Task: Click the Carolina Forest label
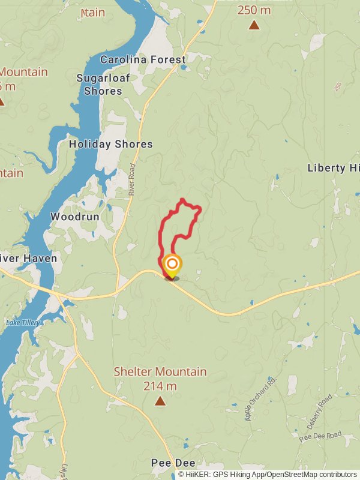click(143, 59)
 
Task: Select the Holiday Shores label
click(111, 144)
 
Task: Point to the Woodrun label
click(74, 216)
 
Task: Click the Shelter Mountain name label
click(160, 372)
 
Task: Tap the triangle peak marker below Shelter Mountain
click(160, 401)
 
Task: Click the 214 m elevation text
click(160, 386)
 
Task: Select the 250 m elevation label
click(254, 10)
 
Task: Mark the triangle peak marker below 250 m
click(254, 25)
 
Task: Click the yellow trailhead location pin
click(172, 265)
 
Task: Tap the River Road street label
click(132, 180)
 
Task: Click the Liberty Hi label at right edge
click(335, 168)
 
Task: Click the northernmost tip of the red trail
click(182, 199)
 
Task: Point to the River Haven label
click(28, 259)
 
